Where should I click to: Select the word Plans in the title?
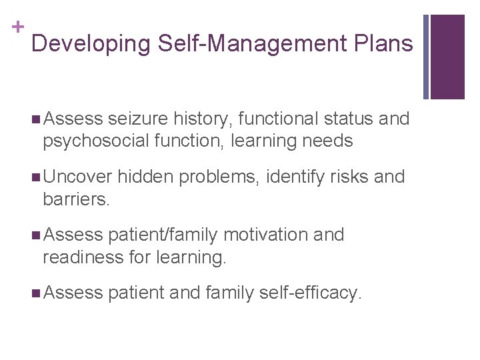[385, 44]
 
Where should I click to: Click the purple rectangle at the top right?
[447, 57]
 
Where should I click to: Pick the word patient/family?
[163, 235]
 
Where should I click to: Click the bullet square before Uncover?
[35, 177]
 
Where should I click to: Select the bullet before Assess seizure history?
[35, 119]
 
